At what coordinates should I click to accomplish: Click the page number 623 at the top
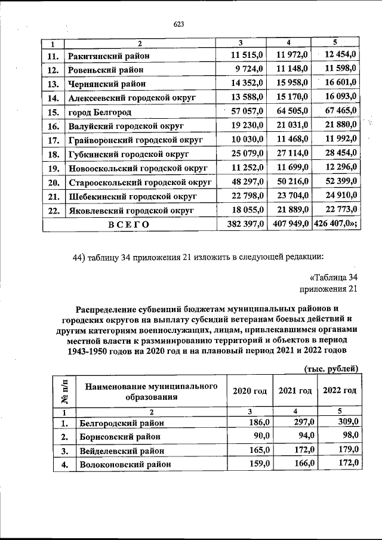click(x=178, y=24)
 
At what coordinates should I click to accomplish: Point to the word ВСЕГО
click(x=128, y=224)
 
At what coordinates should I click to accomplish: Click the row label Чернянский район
click(x=107, y=84)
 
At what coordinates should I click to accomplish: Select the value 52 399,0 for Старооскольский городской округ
click(x=338, y=181)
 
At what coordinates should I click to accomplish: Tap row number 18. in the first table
click(x=52, y=154)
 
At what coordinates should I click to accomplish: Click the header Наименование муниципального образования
click(x=151, y=391)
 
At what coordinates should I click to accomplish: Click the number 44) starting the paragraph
click(x=78, y=257)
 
